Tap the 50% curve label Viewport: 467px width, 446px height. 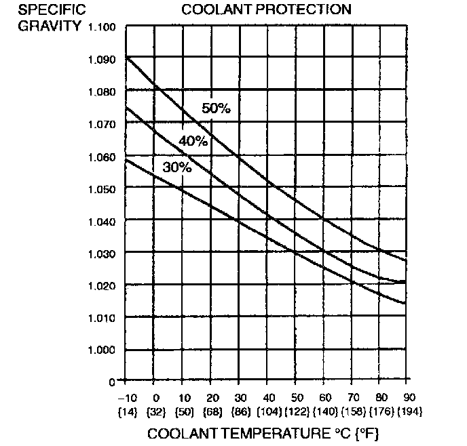pyautogui.click(x=217, y=108)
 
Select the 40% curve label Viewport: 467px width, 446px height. pyautogui.click(x=193, y=140)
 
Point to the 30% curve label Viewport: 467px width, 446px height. pyautogui.click(x=177, y=167)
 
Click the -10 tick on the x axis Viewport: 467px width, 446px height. pyautogui.click(x=126, y=396)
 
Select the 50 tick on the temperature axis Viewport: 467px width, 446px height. pyautogui.click(x=295, y=396)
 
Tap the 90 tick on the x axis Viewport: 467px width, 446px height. pyautogui.click(x=408, y=396)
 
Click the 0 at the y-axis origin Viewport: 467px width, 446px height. pyautogui.click(x=112, y=382)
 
